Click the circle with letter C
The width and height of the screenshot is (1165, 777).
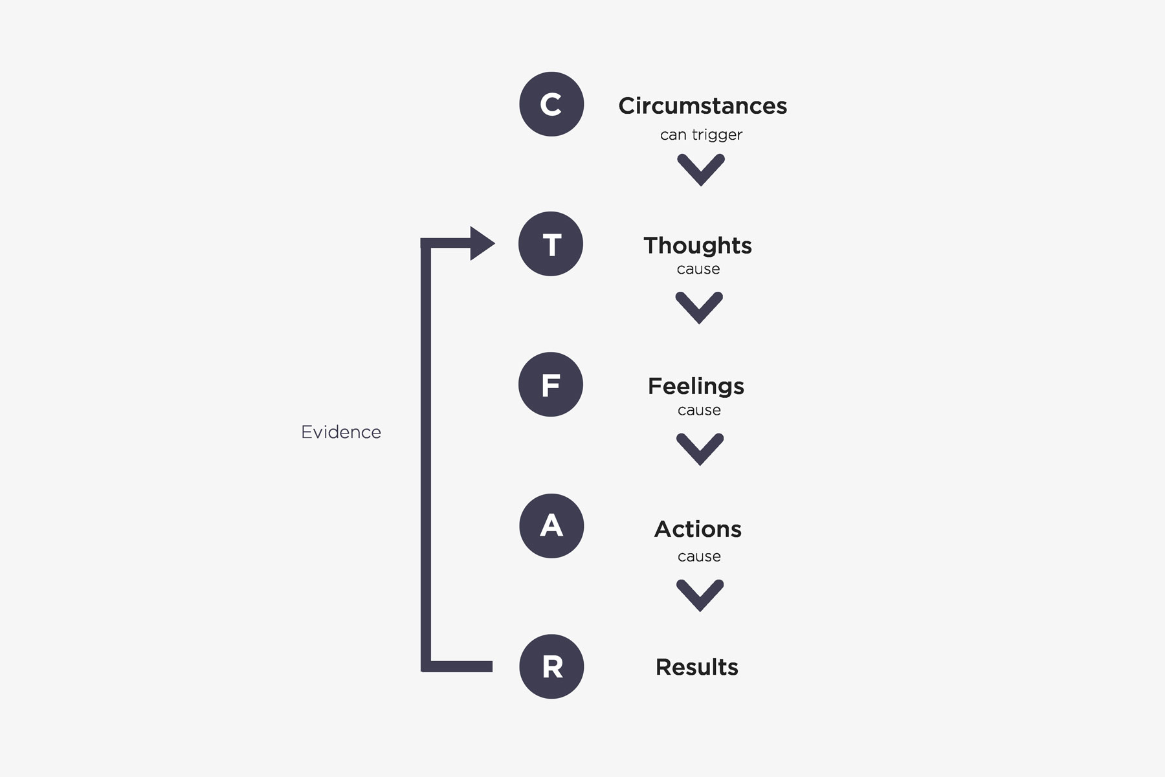[x=551, y=104]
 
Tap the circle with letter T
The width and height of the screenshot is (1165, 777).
[x=551, y=244]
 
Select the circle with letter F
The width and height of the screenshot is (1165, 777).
[x=551, y=384]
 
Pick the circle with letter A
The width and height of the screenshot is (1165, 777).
[x=551, y=525]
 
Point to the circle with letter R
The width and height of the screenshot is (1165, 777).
[x=551, y=666]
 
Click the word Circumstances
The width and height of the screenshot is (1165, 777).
[x=702, y=105]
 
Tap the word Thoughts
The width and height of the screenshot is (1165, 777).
[x=698, y=245]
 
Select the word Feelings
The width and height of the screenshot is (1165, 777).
[x=696, y=386]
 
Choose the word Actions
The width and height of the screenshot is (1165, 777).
[x=698, y=529]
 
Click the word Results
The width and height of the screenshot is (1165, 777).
[x=696, y=667]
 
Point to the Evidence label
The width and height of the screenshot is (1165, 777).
[x=341, y=432]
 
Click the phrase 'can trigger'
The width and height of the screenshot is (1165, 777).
[x=701, y=135]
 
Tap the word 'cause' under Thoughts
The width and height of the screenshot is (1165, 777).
[x=698, y=269]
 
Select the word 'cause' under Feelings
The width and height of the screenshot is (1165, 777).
[x=699, y=410]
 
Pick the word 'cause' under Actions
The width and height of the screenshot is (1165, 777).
[x=699, y=556]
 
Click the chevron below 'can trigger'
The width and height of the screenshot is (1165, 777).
[x=701, y=170]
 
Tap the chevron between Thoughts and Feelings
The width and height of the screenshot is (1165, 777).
[x=699, y=307]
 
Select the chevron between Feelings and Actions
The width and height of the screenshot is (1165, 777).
[x=700, y=448]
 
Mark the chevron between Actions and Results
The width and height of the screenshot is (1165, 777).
[x=700, y=595]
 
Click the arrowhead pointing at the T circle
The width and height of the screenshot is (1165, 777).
[x=481, y=243]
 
